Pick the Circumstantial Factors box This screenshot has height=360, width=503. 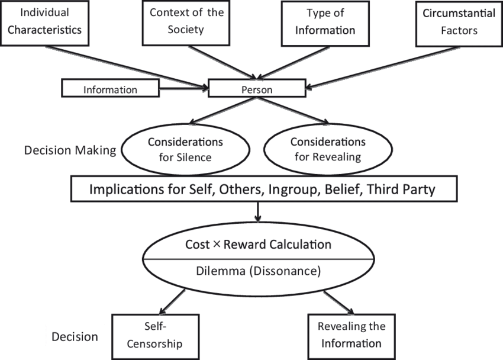click(x=459, y=22)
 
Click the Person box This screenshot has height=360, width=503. click(x=257, y=90)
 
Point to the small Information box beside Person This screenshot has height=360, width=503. click(x=111, y=90)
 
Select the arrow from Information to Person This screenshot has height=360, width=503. click(x=183, y=90)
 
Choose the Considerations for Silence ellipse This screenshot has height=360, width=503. click(x=185, y=149)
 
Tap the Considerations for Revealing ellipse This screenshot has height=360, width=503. click(x=328, y=149)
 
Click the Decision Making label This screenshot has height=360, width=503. click(x=70, y=150)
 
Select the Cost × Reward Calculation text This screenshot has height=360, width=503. click(x=258, y=245)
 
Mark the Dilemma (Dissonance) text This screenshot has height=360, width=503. click(x=258, y=272)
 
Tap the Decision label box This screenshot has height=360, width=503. click(x=75, y=336)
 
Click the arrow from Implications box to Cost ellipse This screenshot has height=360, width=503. click(x=258, y=212)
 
